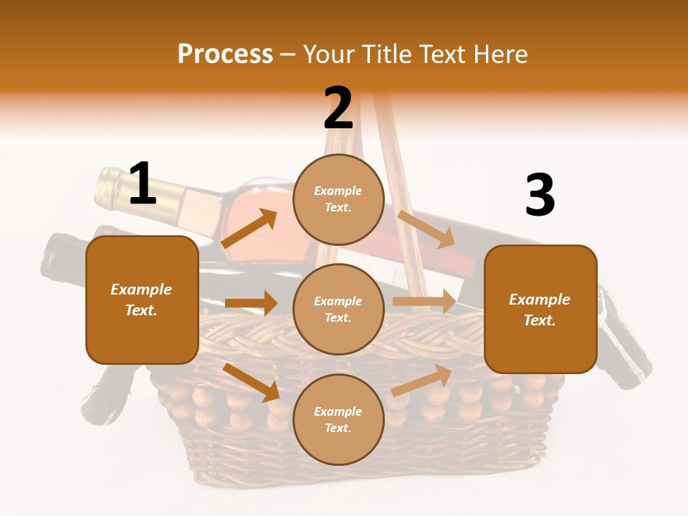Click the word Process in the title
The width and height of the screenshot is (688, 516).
click(x=225, y=54)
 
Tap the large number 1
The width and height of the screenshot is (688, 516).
click(x=143, y=183)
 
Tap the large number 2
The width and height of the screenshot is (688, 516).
click(x=338, y=108)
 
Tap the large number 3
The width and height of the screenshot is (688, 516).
click(x=540, y=196)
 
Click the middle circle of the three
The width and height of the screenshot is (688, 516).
click(x=338, y=309)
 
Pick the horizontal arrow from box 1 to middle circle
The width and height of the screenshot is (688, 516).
click(x=251, y=303)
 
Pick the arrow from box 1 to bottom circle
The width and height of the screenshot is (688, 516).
click(x=251, y=382)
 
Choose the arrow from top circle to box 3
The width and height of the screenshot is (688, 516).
click(x=426, y=229)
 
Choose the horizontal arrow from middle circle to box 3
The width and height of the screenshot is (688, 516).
click(x=424, y=301)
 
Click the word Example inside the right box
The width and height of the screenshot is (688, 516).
click(x=540, y=300)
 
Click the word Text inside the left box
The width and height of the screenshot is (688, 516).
click(x=141, y=310)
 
